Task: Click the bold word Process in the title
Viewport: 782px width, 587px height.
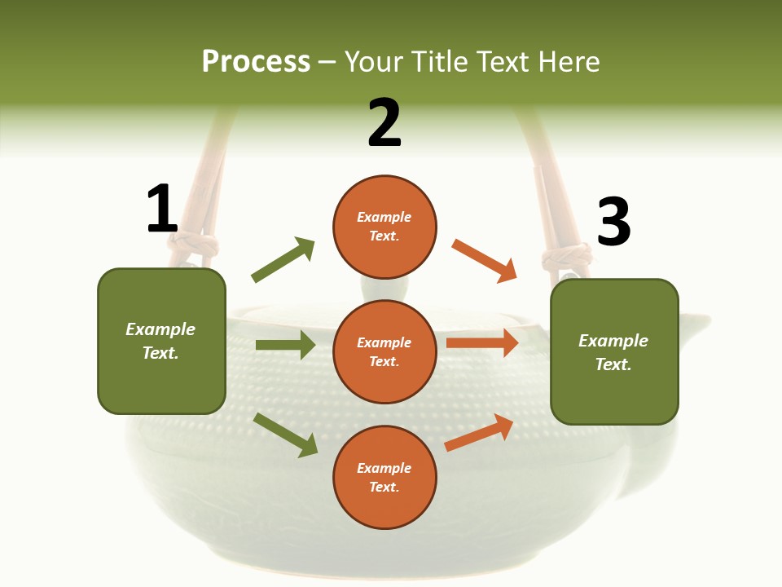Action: tap(256, 61)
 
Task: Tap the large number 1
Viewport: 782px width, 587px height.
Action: tap(162, 209)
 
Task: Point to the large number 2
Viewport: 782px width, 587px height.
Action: tap(384, 123)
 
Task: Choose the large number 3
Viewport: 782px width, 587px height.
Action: tap(613, 222)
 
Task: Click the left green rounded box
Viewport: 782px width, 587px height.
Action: tap(161, 341)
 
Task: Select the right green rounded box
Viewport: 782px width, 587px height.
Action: tap(614, 351)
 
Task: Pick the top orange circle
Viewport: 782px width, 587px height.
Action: tap(384, 226)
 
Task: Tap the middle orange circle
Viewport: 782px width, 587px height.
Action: tap(384, 351)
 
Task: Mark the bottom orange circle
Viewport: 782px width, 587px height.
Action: tap(384, 477)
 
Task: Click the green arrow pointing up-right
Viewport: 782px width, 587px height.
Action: tap(283, 260)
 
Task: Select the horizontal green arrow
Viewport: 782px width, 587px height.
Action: tap(285, 345)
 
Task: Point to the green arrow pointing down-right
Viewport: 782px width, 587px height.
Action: tap(285, 435)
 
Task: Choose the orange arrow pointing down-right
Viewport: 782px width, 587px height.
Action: tap(485, 260)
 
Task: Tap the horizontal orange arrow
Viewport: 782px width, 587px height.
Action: tap(482, 343)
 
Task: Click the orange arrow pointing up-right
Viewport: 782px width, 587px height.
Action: tap(480, 432)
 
